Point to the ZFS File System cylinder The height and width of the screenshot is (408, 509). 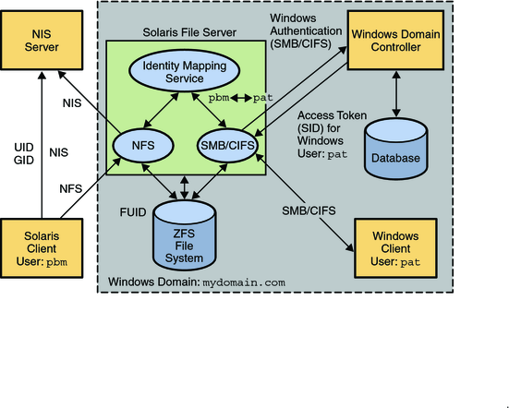pos(182,231)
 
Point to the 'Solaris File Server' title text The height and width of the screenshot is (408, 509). pos(190,32)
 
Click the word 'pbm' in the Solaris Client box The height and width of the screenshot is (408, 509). pos(58,261)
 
